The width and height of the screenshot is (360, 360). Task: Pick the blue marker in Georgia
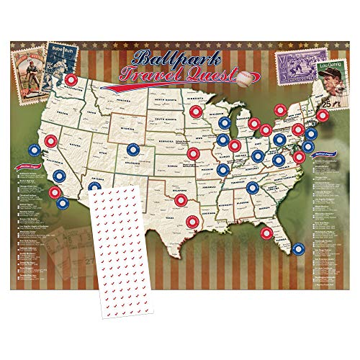pos(251,188)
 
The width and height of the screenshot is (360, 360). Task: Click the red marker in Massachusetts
pos(315,110)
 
